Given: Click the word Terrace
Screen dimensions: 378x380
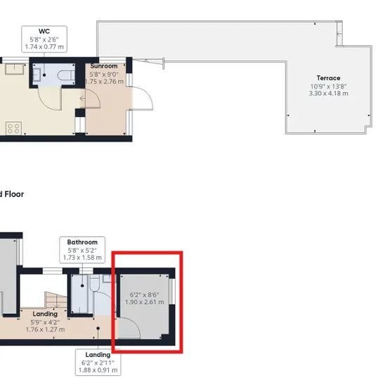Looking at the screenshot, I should [x=328, y=78].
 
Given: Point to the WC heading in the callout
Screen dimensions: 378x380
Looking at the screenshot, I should [x=44, y=31].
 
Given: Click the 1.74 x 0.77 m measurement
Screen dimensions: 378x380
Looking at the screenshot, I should [x=44, y=46].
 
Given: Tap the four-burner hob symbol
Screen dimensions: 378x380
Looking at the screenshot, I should [x=12, y=128].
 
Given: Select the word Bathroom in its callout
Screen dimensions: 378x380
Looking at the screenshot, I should [x=82, y=242].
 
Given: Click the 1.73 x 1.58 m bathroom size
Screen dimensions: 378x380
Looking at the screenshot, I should [x=82, y=258].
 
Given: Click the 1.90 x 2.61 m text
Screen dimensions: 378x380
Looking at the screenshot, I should [x=145, y=302].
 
